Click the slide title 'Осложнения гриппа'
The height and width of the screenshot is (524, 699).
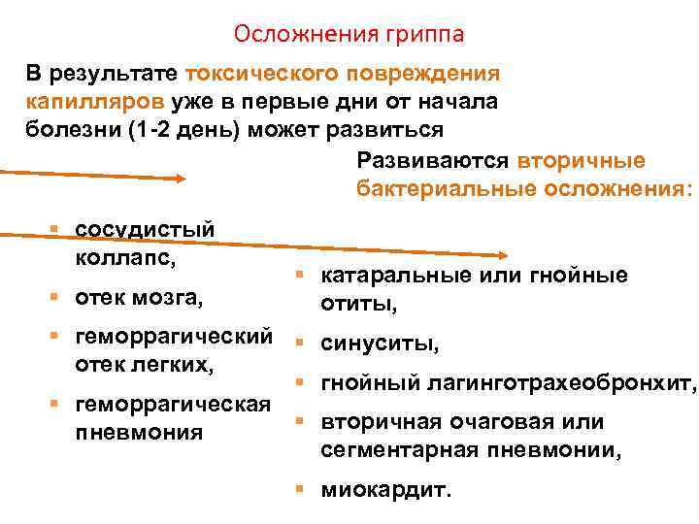[x=349, y=35]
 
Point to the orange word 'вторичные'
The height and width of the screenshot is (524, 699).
[x=581, y=160]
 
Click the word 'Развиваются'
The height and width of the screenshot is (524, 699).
[x=433, y=160]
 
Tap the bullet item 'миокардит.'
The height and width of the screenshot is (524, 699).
[x=386, y=490]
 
